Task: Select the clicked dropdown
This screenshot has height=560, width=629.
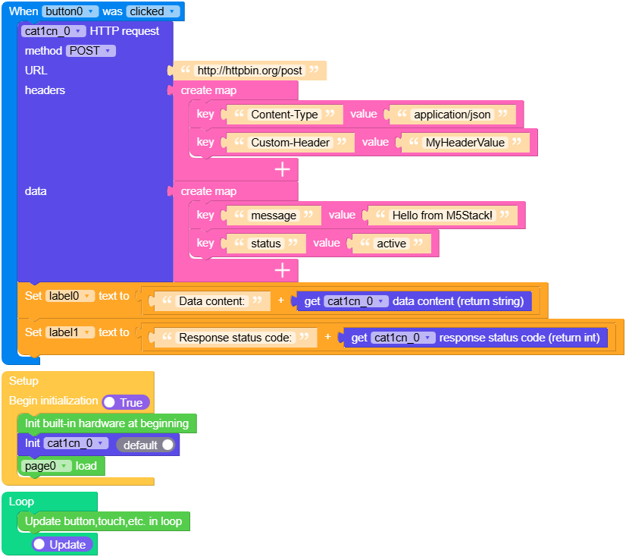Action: [153, 11]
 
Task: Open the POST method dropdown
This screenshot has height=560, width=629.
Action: [90, 51]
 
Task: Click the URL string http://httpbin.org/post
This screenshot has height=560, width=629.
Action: [249, 71]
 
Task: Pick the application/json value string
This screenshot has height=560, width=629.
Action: [452, 115]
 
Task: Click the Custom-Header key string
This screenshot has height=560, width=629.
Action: [290, 143]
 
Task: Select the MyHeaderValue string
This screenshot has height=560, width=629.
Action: [465, 143]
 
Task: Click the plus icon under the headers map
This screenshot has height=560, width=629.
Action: [283, 169]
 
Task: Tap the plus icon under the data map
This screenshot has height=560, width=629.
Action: [283, 270]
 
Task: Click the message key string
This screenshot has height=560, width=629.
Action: [274, 216]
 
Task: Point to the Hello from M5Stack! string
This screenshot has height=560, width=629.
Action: [443, 216]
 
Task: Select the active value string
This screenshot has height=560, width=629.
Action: [392, 244]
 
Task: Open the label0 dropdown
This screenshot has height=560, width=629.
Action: [70, 296]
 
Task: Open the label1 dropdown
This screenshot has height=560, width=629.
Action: [70, 332]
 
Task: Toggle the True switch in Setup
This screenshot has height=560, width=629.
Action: [126, 402]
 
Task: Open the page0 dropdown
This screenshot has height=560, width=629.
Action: [47, 466]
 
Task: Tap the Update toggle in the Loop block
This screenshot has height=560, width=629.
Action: [62, 545]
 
